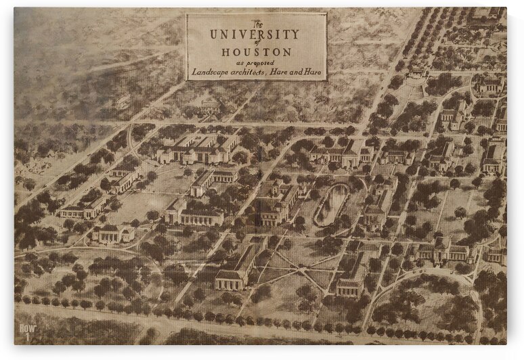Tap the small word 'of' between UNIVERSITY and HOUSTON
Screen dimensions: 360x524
pyautogui.click(x=256, y=43)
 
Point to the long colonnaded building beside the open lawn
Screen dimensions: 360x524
pyautogui.click(x=198, y=216)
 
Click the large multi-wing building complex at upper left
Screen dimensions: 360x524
pyautogui.click(x=198, y=148)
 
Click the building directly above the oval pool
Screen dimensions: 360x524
pyautogui.click(x=342, y=155)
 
